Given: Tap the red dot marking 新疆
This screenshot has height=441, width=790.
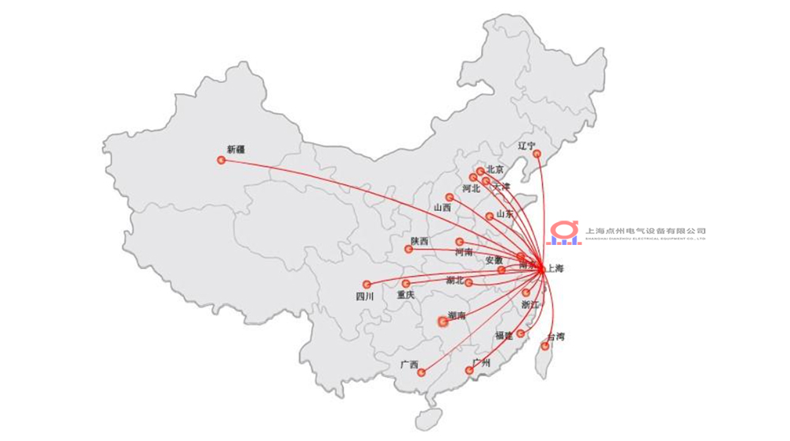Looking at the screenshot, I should click(221, 160).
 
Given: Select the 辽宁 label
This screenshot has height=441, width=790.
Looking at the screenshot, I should click(527, 145).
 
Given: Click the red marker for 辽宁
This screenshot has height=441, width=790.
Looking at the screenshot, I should click(536, 154).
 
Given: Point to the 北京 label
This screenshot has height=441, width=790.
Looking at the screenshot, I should click(495, 169).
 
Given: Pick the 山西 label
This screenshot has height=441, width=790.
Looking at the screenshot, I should click(442, 208).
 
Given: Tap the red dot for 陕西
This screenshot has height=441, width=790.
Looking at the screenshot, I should click(408, 250).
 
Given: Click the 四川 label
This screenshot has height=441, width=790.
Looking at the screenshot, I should click(364, 297).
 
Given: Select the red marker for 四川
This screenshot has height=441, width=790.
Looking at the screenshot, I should click(367, 285).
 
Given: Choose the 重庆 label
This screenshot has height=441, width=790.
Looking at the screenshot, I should click(405, 296).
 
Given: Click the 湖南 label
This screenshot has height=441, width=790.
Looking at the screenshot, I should click(457, 316).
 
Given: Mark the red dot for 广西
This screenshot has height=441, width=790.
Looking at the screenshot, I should click(422, 372).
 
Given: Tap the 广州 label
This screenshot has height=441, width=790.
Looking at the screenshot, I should click(480, 364).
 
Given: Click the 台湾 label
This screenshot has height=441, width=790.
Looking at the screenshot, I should click(556, 337).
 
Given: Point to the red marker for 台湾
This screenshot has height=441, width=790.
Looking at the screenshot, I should click(545, 346).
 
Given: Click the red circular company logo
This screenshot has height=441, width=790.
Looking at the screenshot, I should click(564, 231).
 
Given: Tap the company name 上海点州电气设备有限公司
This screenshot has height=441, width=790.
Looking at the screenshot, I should click(645, 231).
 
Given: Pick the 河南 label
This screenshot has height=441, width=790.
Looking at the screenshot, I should click(464, 252).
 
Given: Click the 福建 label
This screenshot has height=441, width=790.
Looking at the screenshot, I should click(505, 336).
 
